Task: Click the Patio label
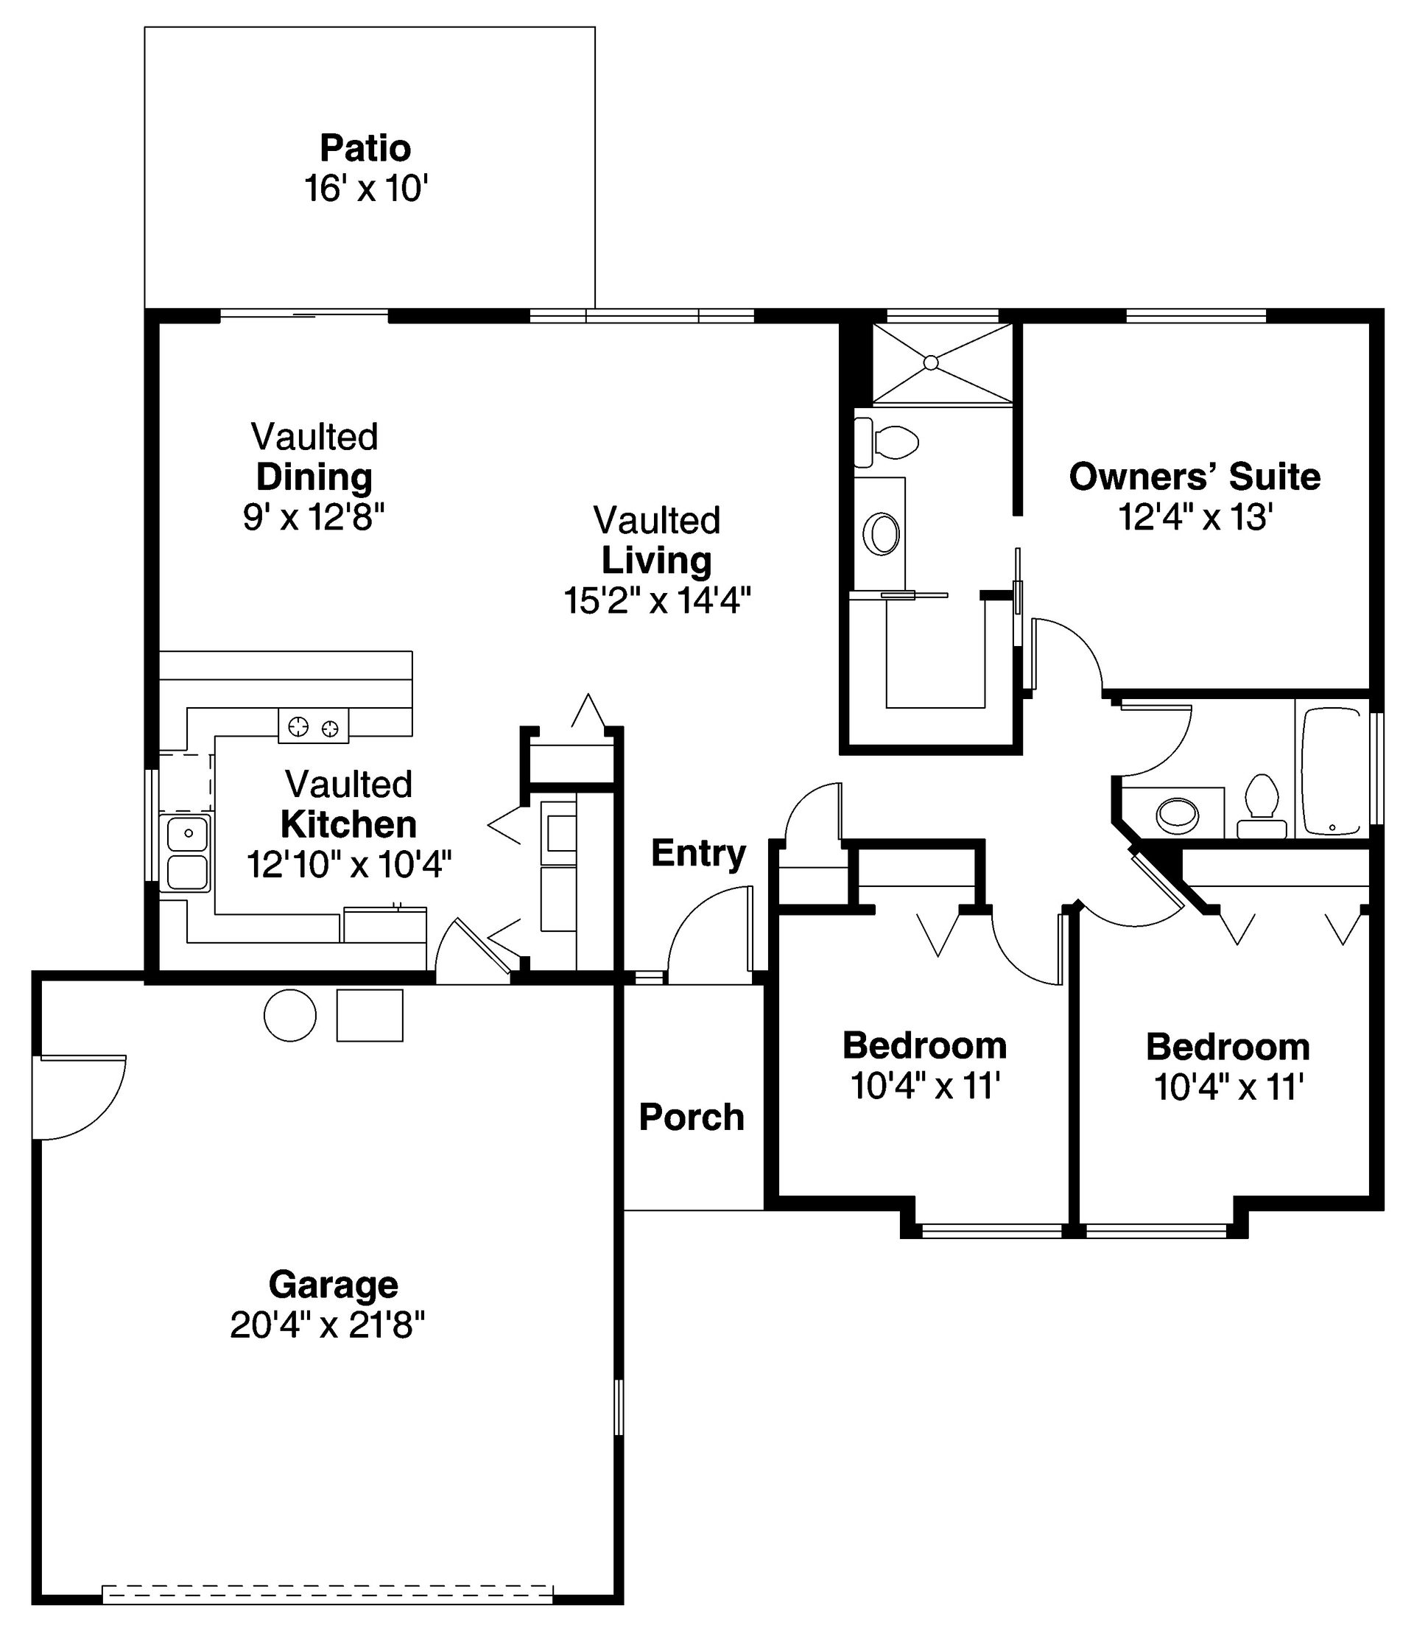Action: [365, 148]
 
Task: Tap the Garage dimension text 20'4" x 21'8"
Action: [328, 1325]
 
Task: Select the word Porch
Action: [692, 1118]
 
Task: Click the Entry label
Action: [698, 853]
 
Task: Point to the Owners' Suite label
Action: [1195, 477]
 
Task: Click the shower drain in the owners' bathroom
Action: [931, 362]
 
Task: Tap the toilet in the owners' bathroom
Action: [887, 443]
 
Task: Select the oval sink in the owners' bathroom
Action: [882, 534]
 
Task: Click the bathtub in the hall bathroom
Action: [1333, 771]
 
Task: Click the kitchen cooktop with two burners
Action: [313, 726]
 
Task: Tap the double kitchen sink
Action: [186, 854]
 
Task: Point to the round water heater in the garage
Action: [289, 1016]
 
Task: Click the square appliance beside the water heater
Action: [369, 1016]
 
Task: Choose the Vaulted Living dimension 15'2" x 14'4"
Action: [656, 600]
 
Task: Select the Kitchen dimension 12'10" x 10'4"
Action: [349, 864]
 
